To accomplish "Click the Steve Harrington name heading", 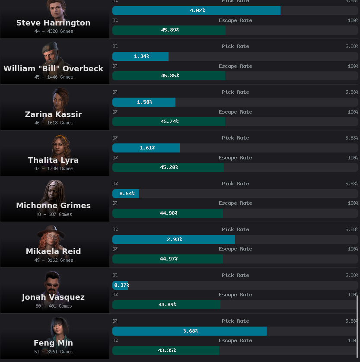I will pyautogui.click(x=54, y=23).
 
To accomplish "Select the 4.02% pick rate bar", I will pyautogui.click(x=196, y=10).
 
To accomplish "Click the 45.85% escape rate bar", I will pyautogui.click(x=169, y=76).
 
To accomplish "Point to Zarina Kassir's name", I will pyautogui.click(x=54, y=114).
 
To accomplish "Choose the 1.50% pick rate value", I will pyautogui.click(x=144, y=102).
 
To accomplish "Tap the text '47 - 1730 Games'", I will pyautogui.click(x=54, y=168).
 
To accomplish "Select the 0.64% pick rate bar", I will pyautogui.click(x=126, y=194).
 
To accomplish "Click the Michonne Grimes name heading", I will pyautogui.click(x=54, y=206).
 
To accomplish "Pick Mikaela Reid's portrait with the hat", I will pyautogui.click(x=51, y=236).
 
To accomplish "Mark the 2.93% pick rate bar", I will pyautogui.click(x=174, y=239).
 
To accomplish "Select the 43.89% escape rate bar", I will pyautogui.click(x=166, y=305).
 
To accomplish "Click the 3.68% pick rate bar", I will pyautogui.click(x=189, y=331).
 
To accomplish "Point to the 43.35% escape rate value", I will pyautogui.click(x=167, y=350).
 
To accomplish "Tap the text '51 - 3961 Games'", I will pyautogui.click(x=54, y=352).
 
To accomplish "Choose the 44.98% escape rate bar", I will pyautogui.click(x=168, y=213).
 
